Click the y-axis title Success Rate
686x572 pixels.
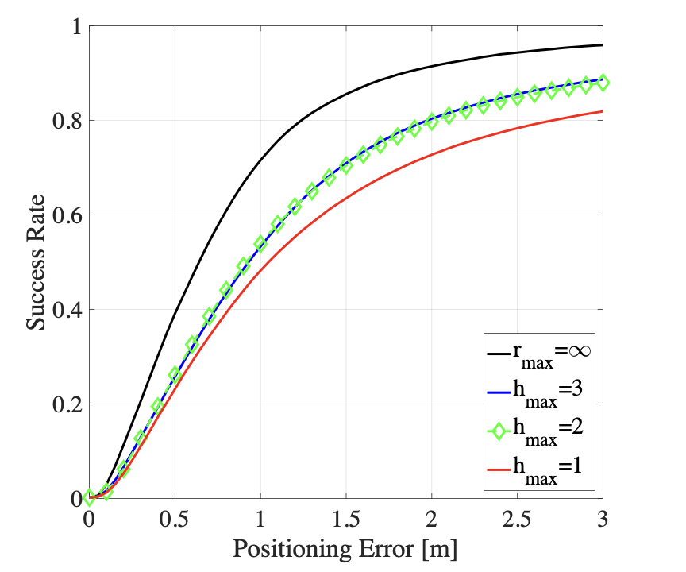37,262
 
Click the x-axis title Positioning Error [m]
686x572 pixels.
345,549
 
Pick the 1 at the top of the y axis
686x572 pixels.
76,27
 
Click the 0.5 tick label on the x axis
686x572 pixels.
175,520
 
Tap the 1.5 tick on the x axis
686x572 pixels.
346,520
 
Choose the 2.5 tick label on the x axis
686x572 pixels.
517,520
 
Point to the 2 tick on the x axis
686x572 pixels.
432,520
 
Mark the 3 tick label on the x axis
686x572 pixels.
602,520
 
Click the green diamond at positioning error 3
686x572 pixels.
603,82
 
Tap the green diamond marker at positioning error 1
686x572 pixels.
260,243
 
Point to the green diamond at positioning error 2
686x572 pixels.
432,122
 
